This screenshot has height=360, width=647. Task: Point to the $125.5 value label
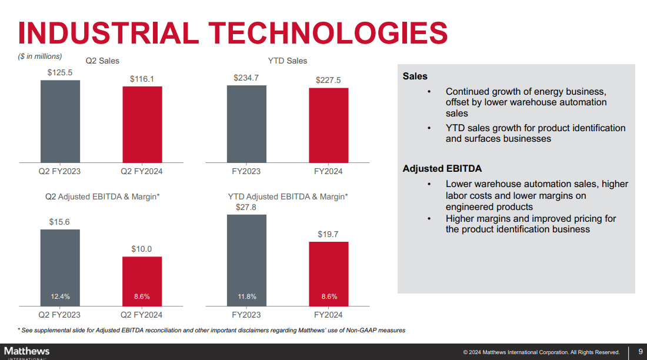point(60,72)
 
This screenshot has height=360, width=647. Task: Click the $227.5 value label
point(328,80)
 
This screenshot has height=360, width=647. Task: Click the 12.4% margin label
point(60,296)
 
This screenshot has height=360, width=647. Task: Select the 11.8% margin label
point(246,296)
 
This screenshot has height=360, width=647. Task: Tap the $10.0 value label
point(142,249)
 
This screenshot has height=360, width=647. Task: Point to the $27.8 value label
point(246,207)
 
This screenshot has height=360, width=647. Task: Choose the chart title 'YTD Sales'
point(288,61)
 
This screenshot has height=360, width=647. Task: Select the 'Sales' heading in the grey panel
point(415,76)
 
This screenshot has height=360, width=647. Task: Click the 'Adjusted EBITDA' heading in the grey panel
point(442,169)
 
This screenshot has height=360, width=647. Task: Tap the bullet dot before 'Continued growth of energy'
point(429,92)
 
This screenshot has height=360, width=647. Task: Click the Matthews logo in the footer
point(27,352)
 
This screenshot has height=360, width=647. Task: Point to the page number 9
point(640,352)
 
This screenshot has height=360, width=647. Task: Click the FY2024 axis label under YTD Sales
point(328,171)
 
